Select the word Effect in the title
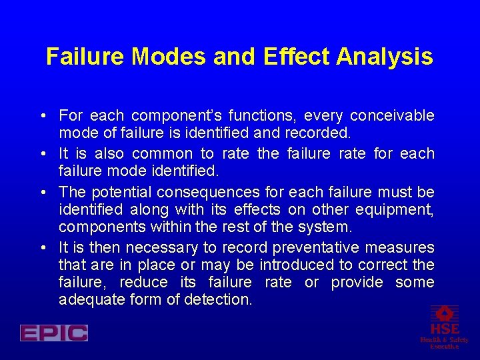click(297, 57)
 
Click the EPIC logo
click(54, 333)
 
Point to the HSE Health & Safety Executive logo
click(444, 327)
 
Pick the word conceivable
click(392, 116)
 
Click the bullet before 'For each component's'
click(43, 116)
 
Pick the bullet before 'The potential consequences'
click(43, 193)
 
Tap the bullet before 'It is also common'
click(43, 154)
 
